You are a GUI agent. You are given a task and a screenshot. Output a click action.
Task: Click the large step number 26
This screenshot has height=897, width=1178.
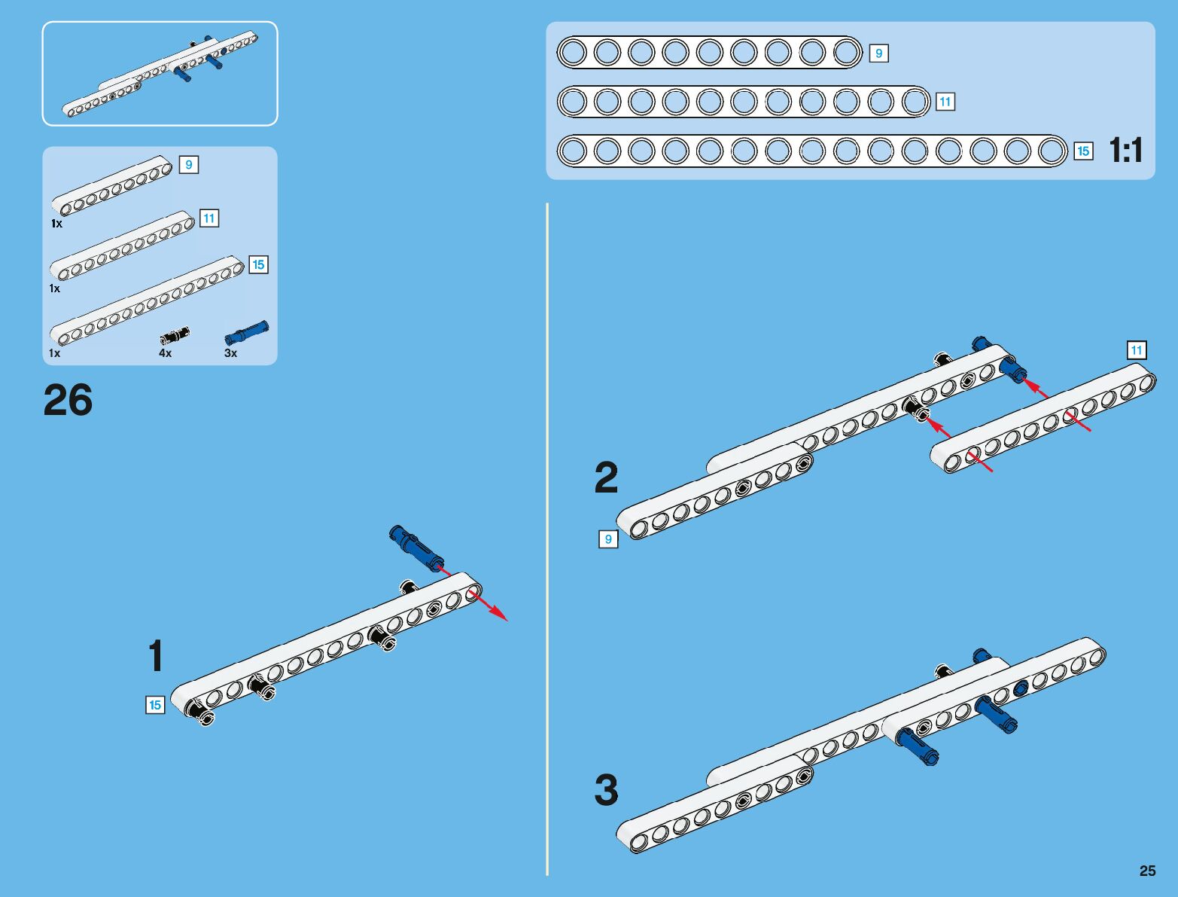click(x=68, y=400)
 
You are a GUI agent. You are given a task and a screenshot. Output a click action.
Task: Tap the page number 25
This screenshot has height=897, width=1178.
click(x=1147, y=871)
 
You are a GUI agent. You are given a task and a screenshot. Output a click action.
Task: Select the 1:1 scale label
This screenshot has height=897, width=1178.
click(x=1126, y=151)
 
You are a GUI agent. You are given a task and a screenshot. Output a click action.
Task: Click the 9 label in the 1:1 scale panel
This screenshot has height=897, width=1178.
click(x=878, y=53)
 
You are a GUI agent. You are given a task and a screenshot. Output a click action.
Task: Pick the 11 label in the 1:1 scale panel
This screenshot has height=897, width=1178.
click(x=945, y=102)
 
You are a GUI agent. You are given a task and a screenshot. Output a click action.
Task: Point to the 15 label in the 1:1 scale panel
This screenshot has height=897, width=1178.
click(x=1082, y=151)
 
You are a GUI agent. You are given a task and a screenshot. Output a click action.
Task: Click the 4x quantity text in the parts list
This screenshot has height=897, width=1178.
click(x=165, y=352)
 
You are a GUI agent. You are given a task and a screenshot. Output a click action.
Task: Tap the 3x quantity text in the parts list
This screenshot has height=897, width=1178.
click(x=230, y=352)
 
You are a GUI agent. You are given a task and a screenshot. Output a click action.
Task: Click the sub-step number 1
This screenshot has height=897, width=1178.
click(x=155, y=656)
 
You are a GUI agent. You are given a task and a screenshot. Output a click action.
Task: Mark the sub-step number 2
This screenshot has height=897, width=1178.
click(x=606, y=477)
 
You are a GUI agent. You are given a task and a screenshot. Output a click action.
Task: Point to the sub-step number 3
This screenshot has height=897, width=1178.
click(x=606, y=791)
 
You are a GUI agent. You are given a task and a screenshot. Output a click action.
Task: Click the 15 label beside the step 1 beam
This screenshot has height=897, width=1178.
click(x=155, y=705)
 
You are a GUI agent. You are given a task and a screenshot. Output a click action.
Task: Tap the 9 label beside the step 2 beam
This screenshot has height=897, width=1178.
click(x=608, y=539)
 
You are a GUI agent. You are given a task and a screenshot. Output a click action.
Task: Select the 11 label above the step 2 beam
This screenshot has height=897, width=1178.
click(x=1136, y=350)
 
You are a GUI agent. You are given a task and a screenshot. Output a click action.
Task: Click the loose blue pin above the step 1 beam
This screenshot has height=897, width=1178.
click(x=415, y=547)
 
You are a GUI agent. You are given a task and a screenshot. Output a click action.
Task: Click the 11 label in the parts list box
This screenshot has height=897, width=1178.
click(x=209, y=218)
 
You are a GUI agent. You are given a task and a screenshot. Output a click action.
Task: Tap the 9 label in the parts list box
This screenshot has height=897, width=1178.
click(x=188, y=164)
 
